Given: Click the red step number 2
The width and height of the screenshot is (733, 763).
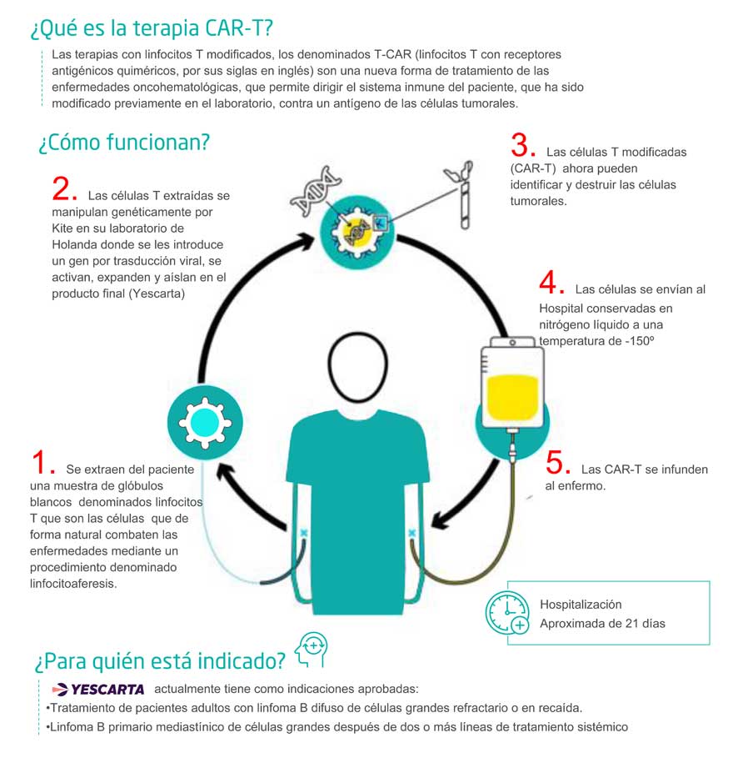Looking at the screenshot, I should (63, 189).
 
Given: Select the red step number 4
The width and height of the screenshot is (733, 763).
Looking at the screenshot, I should (551, 284).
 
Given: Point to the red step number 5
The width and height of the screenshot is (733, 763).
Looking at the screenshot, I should (558, 464).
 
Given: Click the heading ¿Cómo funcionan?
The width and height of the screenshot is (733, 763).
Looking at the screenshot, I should (123, 142).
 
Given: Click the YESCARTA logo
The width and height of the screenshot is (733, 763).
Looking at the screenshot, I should (98, 689).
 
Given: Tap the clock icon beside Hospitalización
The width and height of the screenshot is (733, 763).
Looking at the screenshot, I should (506, 614).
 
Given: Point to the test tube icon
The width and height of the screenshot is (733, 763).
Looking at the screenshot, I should (457, 194).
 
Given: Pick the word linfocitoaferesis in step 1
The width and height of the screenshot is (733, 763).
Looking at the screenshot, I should (73, 584).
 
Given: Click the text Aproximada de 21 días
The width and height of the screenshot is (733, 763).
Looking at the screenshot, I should (602, 623).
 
